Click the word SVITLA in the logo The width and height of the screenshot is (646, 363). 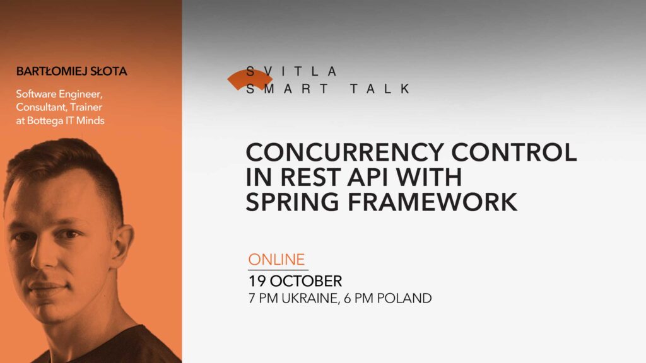(292, 71)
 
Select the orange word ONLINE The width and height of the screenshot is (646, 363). (276, 259)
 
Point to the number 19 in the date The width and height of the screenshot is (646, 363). (257, 280)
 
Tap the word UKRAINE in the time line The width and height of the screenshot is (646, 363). (306, 298)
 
